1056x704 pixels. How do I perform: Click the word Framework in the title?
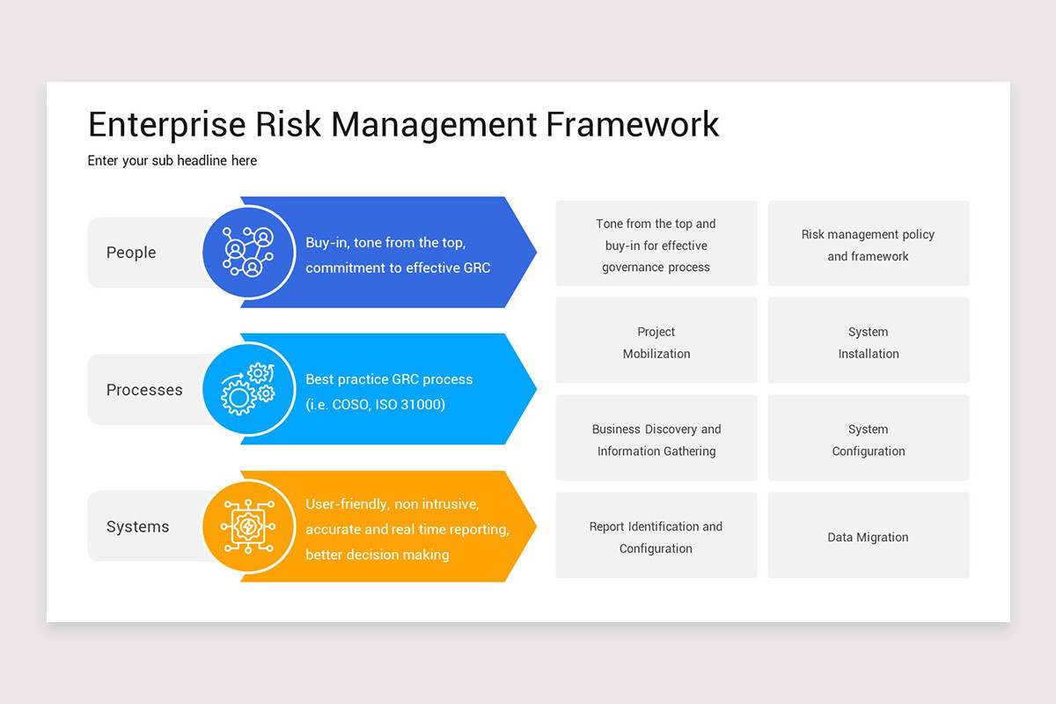[632, 124]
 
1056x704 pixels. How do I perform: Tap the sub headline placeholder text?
[172, 160]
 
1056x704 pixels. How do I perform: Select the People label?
[131, 253]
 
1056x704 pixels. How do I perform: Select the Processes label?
[144, 390]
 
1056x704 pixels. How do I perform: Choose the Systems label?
[137, 527]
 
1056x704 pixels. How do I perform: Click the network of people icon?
[248, 252]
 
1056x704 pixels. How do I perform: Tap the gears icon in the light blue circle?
[248, 389]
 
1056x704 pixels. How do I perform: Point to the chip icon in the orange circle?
[248, 526]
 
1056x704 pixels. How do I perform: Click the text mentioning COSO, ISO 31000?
[376, 405]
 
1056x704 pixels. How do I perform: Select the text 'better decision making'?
[378, 554]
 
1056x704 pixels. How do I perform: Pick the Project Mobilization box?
[656, 341]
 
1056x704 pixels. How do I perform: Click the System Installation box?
[869, 341]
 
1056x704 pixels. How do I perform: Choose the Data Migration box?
[869, 536]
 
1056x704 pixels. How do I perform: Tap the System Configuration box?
[869, 439]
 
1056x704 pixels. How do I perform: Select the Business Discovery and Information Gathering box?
[656, 439]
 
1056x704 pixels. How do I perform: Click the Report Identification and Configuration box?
[656, 536]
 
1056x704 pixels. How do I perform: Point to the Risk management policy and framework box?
[869, 245]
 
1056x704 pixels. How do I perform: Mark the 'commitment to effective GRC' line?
[398, 268]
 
